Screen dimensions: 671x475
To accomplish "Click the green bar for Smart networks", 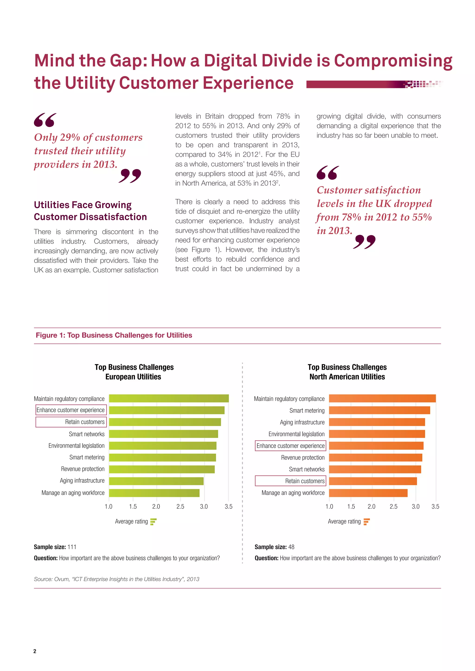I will [163, 434].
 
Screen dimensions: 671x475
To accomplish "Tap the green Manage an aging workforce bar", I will [154, 493].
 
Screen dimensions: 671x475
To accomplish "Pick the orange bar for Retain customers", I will [373, 481].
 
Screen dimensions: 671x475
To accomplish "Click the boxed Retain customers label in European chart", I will [71, 422].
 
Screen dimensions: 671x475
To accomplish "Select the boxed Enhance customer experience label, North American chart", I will [290, 446].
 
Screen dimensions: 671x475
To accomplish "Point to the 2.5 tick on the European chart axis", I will [180, 506].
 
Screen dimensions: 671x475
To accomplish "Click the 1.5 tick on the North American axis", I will [351, 506].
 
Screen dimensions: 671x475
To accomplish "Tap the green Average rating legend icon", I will [153, 522].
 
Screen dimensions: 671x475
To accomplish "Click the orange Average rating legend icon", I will [366, 522].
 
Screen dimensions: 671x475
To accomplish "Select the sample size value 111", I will [72, 547].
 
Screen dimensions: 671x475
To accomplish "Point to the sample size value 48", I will [291, 547].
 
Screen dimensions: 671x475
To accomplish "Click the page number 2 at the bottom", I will [35, 651].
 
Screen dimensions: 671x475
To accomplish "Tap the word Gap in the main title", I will [128, 60].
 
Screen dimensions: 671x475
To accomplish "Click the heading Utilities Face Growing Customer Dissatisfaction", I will [90, 211].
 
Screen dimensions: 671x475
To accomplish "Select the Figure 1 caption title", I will [114, 335].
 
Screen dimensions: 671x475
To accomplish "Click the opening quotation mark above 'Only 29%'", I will [45, 120].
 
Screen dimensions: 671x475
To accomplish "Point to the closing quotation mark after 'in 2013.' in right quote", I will [364, 242].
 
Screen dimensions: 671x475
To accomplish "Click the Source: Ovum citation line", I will [116, 579].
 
